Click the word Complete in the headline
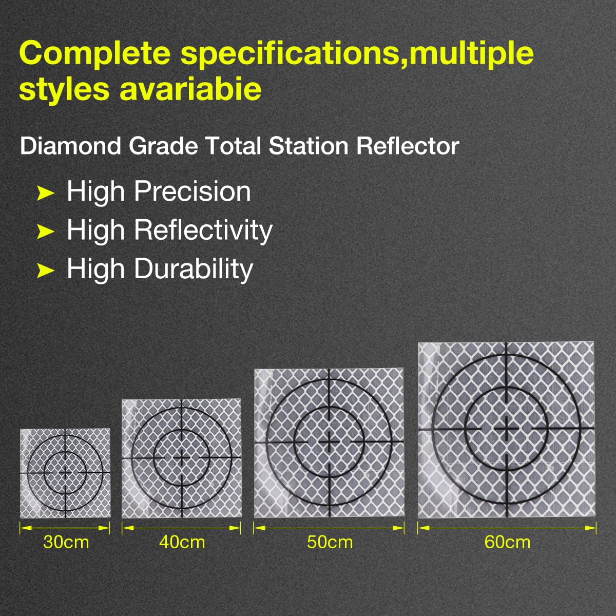[95, 53]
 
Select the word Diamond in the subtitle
[70, 146]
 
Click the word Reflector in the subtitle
[408, 146]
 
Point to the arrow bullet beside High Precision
[45, 193]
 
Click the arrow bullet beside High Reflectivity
[45, 232]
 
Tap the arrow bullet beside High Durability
[45, 271]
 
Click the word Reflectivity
[203, 231]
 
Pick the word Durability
[194, 269]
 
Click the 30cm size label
[66, 543]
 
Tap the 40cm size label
[182, 543]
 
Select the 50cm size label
[330, 543]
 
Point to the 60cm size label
[507, 543]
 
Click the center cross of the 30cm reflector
[66, 472]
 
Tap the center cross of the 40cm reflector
[182, 458]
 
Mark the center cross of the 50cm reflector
[329, 442]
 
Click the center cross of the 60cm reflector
[506, 428]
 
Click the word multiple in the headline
[472, 53]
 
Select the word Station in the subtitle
[309, 146]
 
